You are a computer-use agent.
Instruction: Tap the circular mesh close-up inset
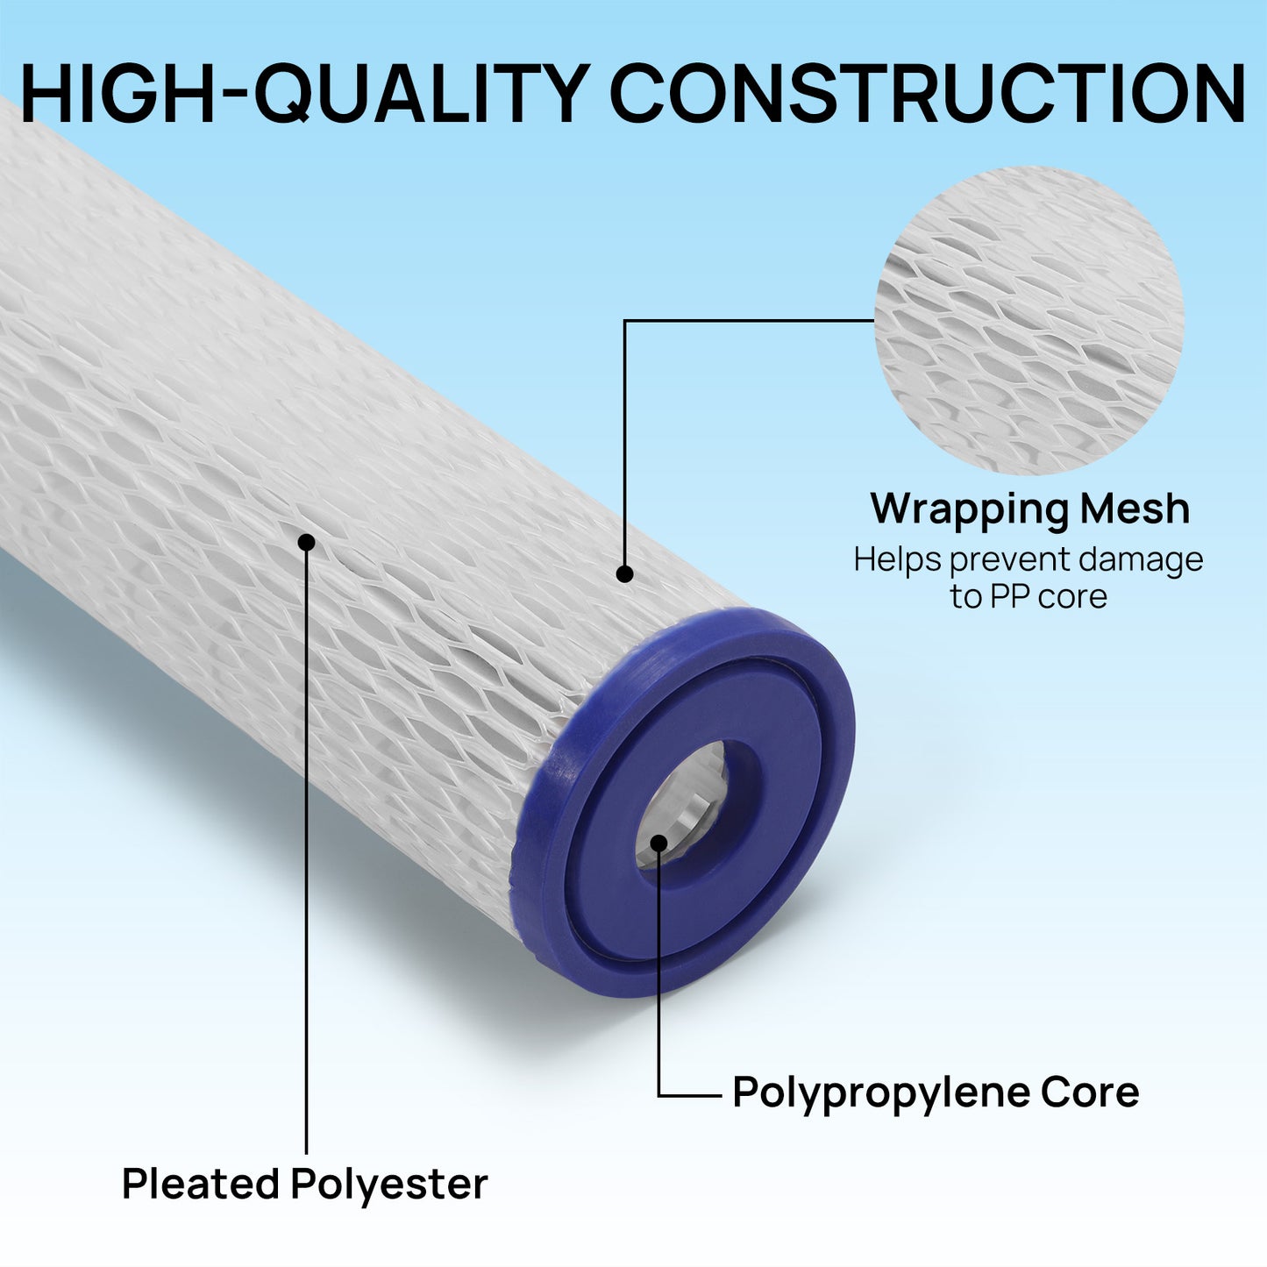coord(1029,320)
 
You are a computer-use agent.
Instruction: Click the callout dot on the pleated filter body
coord(306,542)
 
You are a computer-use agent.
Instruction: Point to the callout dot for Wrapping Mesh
coord(624,574)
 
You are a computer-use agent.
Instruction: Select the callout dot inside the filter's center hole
coord(658,843)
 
